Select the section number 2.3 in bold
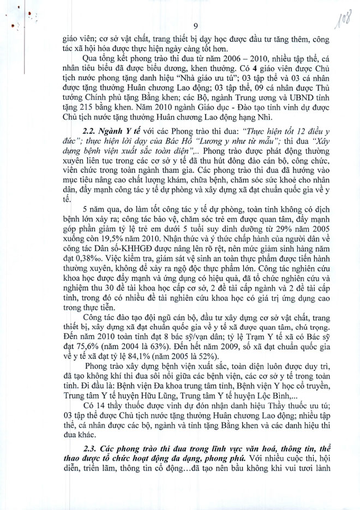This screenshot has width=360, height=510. tap(90, 448)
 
